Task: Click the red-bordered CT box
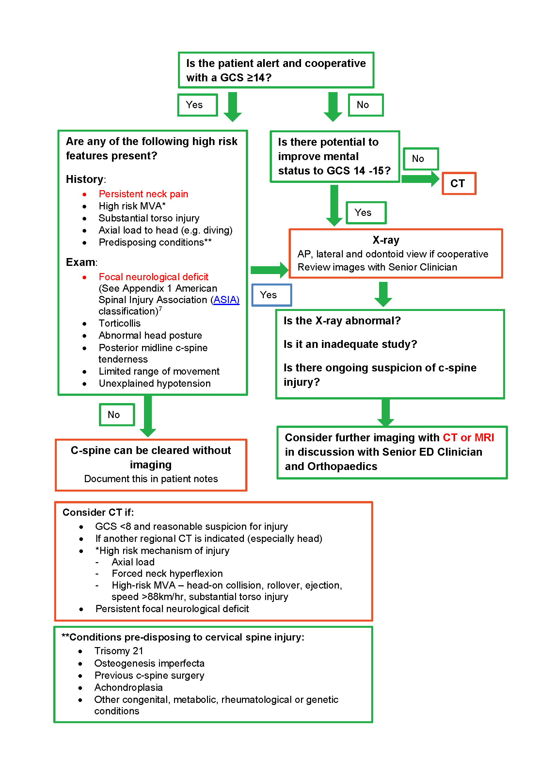click(458, 183)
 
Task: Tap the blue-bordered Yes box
click(271, 295)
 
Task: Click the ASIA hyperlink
click(226, 300)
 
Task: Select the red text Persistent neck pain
click(143, 194)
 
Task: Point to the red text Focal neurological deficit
click(153, 277)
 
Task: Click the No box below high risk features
click(117, 415)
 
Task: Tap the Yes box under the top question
click(198, 105)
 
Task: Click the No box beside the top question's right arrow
click(365, 105)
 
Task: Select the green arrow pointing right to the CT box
click(420, 179)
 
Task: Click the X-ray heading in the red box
click(386, 240)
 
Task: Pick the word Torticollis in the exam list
click(119, 323)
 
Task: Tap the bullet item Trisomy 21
click(119, 651)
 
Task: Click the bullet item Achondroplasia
click(128, 688)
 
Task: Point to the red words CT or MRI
click(468, 438)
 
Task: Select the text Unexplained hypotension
click(155, 383)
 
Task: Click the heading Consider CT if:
click(98, 512)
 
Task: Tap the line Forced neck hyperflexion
click(167, 574)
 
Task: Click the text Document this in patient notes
click(151, 479)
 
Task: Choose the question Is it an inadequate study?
click(350, 344)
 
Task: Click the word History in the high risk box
click(85, 179)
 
